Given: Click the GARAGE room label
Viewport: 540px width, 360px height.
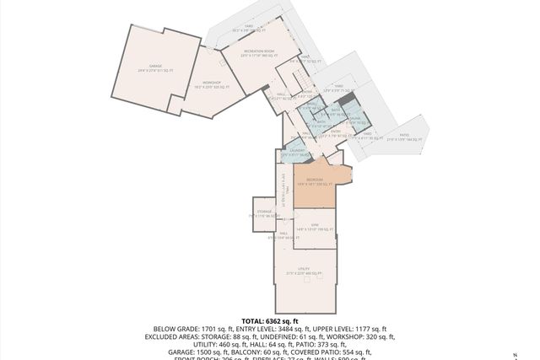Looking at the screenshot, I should click(x=155, y=67).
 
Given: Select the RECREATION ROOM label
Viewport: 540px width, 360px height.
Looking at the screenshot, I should click(x=259, y=52).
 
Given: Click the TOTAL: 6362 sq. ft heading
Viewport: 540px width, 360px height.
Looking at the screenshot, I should click(x=269, y=321).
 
